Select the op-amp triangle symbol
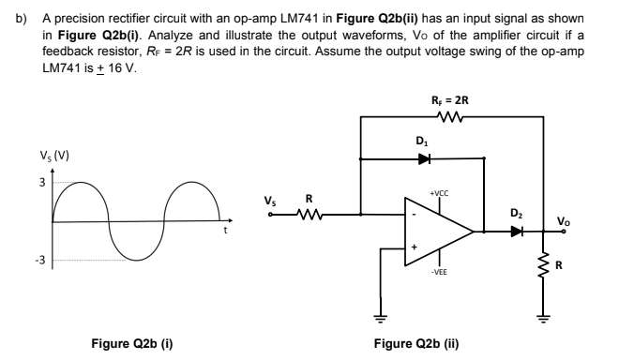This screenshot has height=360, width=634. point(436,229)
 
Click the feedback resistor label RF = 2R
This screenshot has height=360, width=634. point(450,98)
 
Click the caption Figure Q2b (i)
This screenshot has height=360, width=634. point(131,342)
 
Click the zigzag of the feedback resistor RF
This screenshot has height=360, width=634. point(449,117)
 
